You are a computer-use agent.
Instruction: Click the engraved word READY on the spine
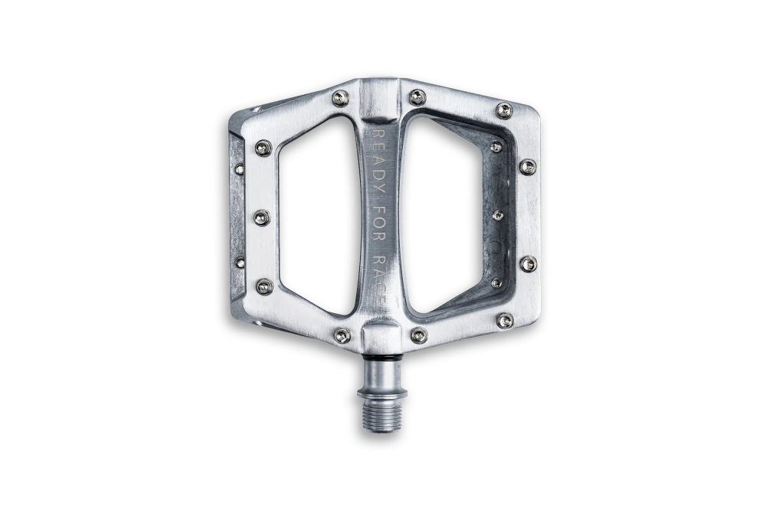click(x=379, y=162)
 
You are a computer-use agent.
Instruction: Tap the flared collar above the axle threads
click(x=382, y=383)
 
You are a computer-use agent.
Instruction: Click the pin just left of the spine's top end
click(x=341, y=98)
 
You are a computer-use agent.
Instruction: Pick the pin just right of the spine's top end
click(x=417, y=97)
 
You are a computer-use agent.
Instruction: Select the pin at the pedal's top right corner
click(x=504, y=110)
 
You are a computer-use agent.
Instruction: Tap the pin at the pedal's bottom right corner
click(x=505, y=321)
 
